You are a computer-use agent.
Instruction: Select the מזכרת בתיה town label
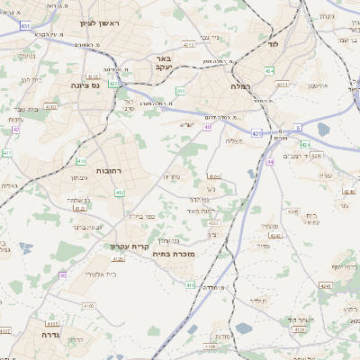pos(188,255)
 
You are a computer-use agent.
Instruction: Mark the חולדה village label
pos(258,300)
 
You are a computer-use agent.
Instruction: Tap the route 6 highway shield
pos(298,128)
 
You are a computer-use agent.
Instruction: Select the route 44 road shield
pos(269,162)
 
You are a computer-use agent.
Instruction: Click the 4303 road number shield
pos(50,107)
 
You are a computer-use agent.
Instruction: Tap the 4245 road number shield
pos(275,235)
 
